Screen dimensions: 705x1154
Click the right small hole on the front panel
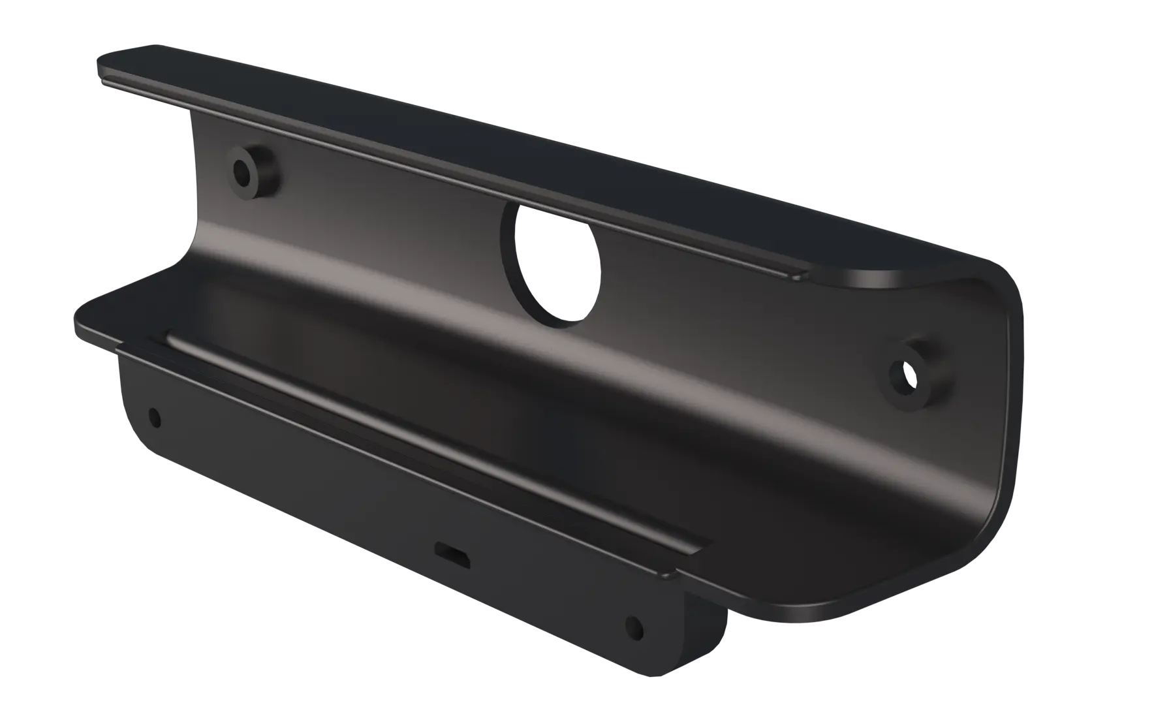[634, 628]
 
